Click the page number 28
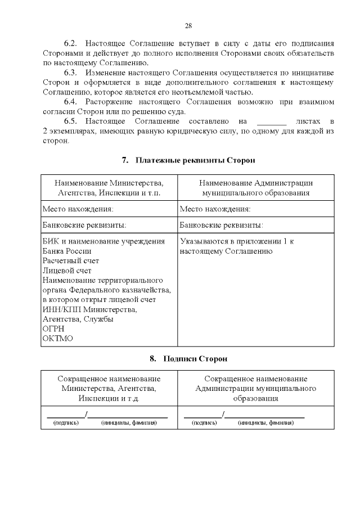pyautogui.click(x=188, y=25)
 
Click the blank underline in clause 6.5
pyautogui.click(x=271, y=121)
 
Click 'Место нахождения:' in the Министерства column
pyautogui.click(x=78, y=209)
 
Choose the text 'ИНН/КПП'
pyautogui.click(x=59, y=309)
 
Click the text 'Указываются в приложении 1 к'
pyautogui.click(x=237, y=241)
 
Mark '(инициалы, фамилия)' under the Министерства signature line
pyautogui.click(x=129, y=422)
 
